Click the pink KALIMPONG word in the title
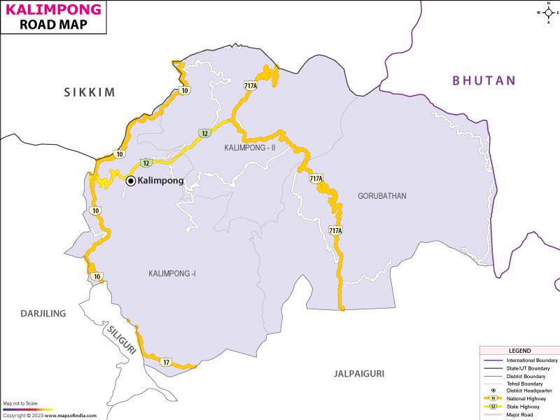pyautogui.click(x=53, y=10)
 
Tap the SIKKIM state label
pyautogui.click(x=89, y=92)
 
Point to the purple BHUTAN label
pyautogui.click(x=484, y=80)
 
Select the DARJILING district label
pyautogui.click(x=43, y=314)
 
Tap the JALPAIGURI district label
pyautogui.click(x=359, y=374)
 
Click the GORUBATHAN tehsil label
pyautogui.click(x=381, y=196)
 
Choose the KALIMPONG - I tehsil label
pyautogui.click(x=171, y=273)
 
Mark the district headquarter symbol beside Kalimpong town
pyautogui.click(x=131, y=181)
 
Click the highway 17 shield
pyautogui.click(x=166, y=362)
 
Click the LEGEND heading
pyautogui.click(x=519, y=351)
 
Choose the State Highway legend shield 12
pyautogui.click(x=493, y=406)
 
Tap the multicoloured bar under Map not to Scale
pyautogui.click(x=27, y=409)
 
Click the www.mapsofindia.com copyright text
pyautogui.click(x=49, y=416)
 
